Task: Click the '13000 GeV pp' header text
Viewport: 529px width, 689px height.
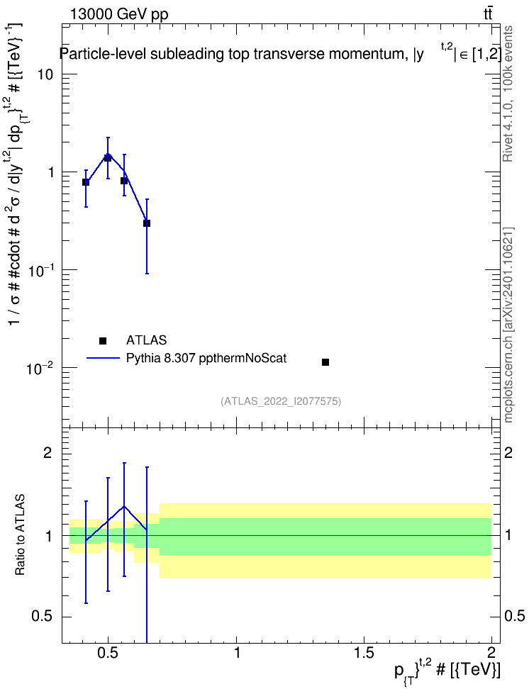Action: coord(119,14)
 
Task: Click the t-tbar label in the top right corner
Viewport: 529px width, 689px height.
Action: coord(488,13)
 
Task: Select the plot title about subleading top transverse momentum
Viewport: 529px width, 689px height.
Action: coord(280,53)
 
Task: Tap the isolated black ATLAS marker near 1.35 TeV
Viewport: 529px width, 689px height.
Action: coord(325,362)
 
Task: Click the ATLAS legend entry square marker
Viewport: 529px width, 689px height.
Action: coord(103,340)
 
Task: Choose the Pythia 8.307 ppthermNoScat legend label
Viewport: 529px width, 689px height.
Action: coord(206,358)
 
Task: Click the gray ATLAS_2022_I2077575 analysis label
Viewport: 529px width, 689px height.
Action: coord(281,400)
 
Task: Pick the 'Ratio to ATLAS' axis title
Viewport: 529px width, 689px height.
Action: coord(19,534)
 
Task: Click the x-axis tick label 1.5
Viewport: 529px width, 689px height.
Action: coord(364,653)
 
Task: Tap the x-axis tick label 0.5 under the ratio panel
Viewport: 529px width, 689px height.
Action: coord(108,653)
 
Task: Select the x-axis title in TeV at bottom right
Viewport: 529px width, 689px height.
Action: coord(447,670)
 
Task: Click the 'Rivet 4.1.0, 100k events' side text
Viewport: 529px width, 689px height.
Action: coord(508,94)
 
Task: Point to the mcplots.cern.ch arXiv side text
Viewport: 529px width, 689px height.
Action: coord(508,325)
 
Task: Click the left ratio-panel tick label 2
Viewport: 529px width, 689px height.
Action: coord(48,452)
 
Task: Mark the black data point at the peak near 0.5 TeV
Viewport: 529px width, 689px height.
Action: coord(108,157)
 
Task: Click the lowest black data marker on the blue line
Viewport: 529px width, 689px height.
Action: coord(146,223)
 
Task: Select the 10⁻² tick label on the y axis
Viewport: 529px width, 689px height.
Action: coord(40,367)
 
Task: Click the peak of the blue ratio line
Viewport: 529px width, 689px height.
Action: coord(124,506)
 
